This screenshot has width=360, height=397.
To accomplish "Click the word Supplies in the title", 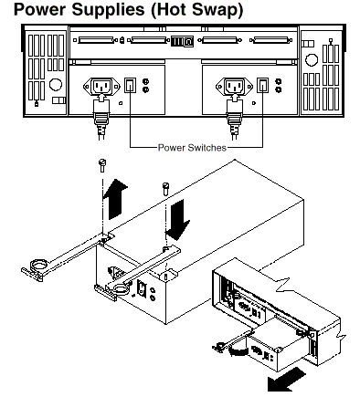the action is (108, 11).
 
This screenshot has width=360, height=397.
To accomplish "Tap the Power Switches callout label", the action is (192, 148).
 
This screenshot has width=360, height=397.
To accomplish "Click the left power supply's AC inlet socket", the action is (101, 86).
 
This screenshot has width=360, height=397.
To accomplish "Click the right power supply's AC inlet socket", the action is (234, 86).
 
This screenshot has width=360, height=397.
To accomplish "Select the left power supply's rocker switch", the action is (130, 85).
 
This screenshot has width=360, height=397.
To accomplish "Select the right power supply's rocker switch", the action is (263, 85).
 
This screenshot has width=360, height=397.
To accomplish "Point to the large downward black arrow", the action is (178, 219).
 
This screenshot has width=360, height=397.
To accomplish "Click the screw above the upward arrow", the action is (102, 165).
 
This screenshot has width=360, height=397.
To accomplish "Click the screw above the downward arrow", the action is (165, 189).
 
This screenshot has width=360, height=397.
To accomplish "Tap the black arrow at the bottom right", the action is (286, 380).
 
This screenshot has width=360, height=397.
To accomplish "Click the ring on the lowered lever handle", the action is (121, 287).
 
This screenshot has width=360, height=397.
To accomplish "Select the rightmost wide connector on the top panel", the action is (270, 40).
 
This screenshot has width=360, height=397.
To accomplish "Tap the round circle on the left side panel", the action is (56, 84).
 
